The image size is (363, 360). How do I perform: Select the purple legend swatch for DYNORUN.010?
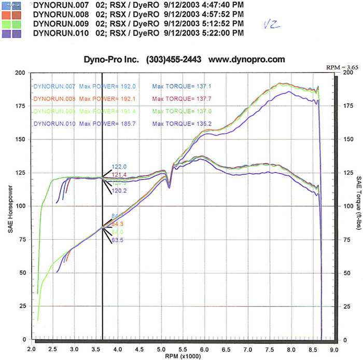tap(12, 33)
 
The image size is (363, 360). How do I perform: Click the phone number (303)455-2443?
tap(175, 60)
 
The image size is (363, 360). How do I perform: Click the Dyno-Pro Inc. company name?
tap(111, 60)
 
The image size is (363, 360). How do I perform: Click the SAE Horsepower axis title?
tap(10, 206)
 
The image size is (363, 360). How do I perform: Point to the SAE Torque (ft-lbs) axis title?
tap(358, 206)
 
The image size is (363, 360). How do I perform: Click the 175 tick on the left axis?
tap(21, 106)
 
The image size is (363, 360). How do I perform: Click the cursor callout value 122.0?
tap(119, 167)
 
